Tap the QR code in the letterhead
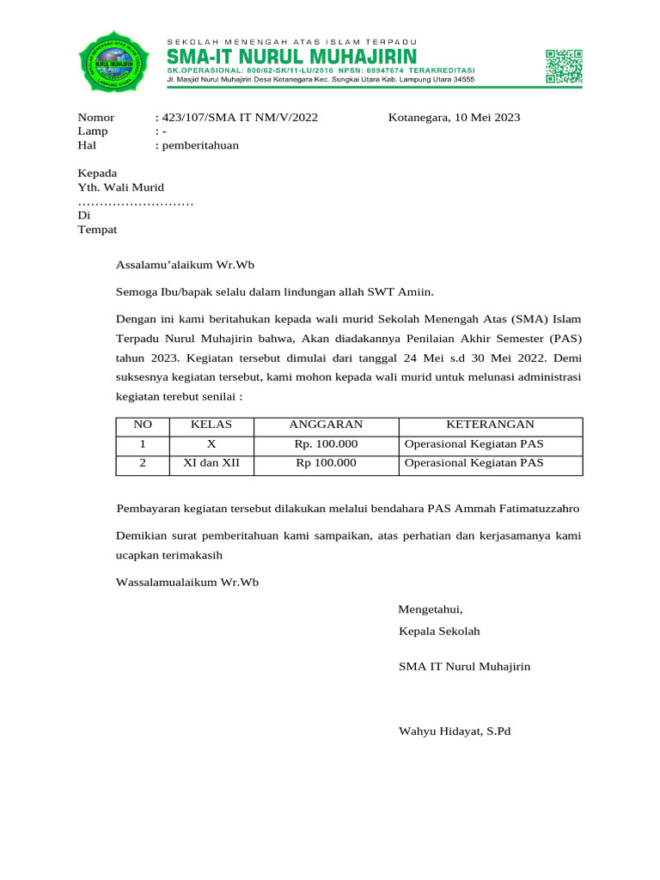click(564, 66)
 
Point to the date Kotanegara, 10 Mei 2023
click(454, 118)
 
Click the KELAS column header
click(211, 425)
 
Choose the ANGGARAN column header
click(326, 425)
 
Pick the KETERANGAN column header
click(490, 425)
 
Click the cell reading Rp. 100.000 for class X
click(326, 444)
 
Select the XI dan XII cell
click(211, 463)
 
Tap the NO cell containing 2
click(143, 463)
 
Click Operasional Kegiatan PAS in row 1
click(474, 444)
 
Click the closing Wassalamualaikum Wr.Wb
click(186, 582)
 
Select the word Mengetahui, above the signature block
click(430, 610)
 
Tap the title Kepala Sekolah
click(439, 632)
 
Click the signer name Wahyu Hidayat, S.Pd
click(455, 731)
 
